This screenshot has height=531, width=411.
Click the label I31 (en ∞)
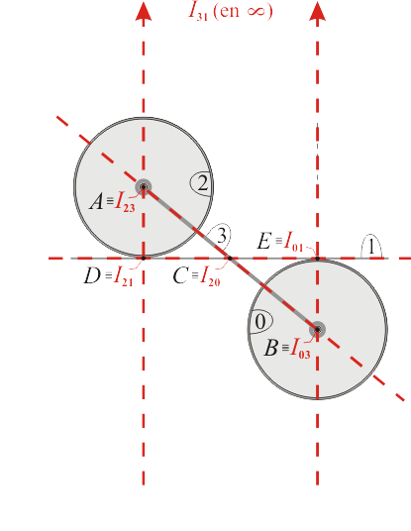pyautogui.click(x=231, y=12)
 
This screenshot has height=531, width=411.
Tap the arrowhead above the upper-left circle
pyautogui.click(x=144, y=11)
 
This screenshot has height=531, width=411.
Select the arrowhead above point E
pyautogui.click(x=317, y=11)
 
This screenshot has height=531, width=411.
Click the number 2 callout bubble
pyautogui.click(x=201, y=183)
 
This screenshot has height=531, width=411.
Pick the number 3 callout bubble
pyautogui.click(x=219, y=236)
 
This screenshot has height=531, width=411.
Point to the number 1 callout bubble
pyautogui.click(x=371, y=247)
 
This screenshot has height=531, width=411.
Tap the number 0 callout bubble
pyautogui.click(x=260, y=321)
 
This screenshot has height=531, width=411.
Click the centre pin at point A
pyautogui.click(x=144, y=187)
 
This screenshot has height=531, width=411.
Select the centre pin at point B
pyautogui.click(x=317, y=329)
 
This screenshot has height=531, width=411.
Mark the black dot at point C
pyautogui.click(x=230, y=259)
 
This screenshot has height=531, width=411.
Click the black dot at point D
pyautogui.click(x=144, y=259)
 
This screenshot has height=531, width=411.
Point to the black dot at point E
pyautogui.click(x=317, y=259)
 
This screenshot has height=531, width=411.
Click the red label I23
pyautogui.click(x=125, y=202)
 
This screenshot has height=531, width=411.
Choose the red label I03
pyautogui.click(x=300, y=348)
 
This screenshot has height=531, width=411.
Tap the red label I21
pyautogui.click(x=123, y=276)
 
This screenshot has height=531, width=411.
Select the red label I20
pyautogui.click(x=210, y=276)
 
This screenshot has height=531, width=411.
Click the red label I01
pyautogui.click(x=293, y=242)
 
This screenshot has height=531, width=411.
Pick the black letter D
pyautogui.click(x=92, y=275)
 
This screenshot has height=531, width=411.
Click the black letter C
pyautogui.click(x=180, y=275)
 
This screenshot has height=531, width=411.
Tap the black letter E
pyautogui.click(x=264, y=241)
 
